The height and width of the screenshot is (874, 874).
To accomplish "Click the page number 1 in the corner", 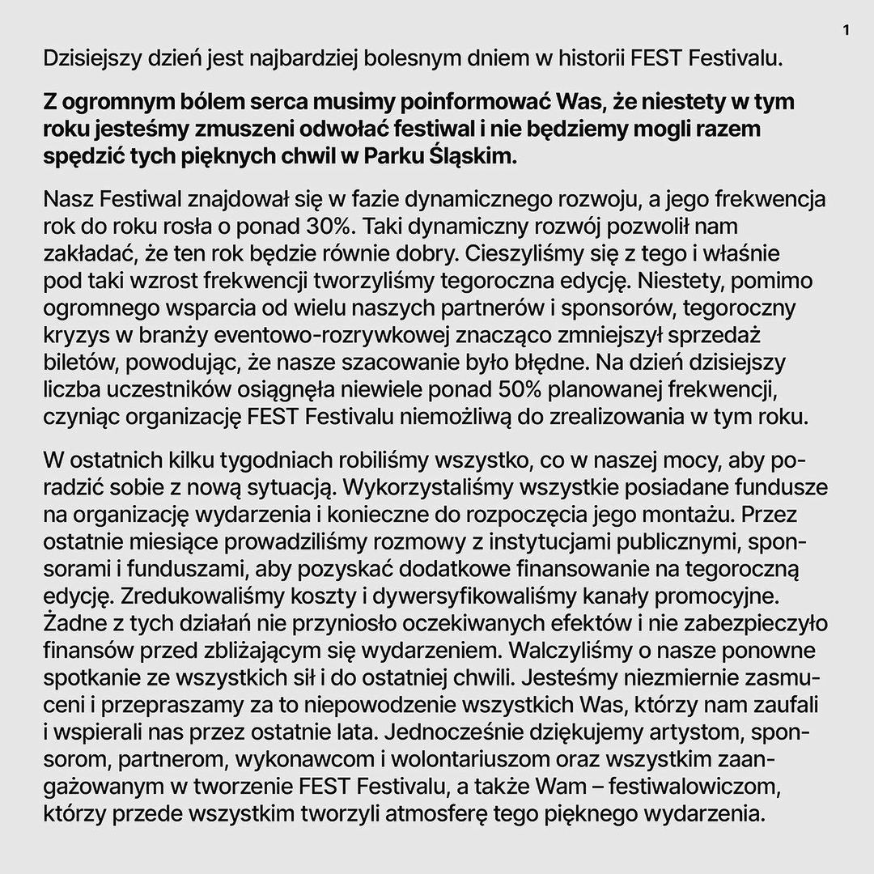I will [846, 32].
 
